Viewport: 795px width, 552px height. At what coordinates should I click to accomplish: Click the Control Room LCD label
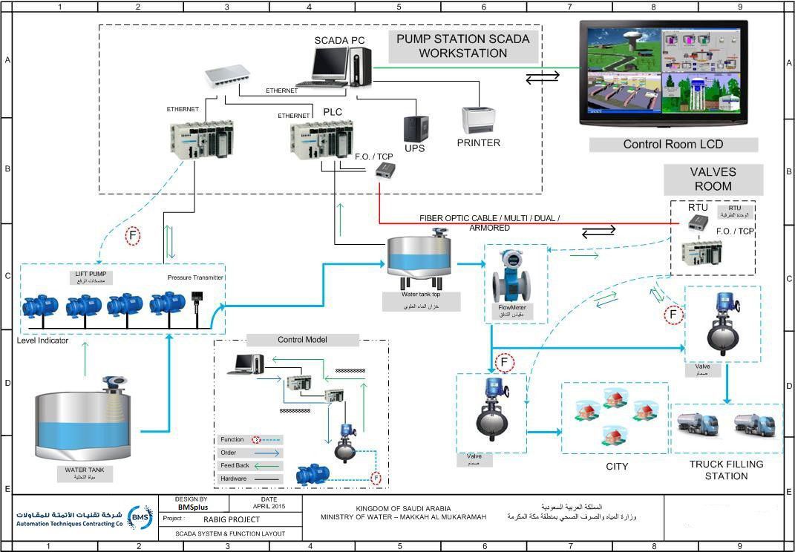[x=673, y=145]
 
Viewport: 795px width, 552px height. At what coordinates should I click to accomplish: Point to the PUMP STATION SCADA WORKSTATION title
[x=462, y=46]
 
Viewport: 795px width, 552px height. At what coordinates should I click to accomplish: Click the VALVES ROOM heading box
[x=712, y=179]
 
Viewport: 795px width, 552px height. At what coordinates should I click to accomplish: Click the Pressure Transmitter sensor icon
[x=197, y=300]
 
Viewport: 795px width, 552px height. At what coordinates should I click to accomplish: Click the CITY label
[x=616, y=467]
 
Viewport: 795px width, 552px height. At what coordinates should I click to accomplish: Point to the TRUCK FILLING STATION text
[x=726, y=470]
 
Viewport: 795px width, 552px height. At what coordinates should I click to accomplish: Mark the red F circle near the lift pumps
[x=133, y=236]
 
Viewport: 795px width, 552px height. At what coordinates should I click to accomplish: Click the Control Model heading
[x=303, y=340]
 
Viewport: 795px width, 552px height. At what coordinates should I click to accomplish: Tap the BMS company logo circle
[x=140, y=517]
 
